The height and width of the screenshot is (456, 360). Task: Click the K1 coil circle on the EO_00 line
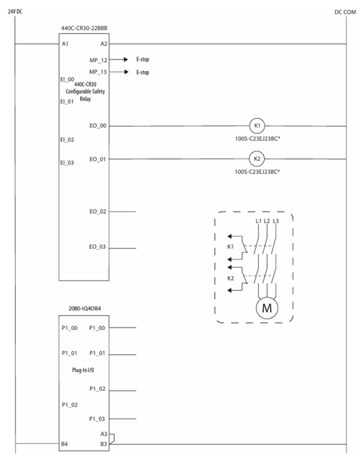coord(257,126)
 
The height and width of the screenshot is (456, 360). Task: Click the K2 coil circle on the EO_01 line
coord(257,159)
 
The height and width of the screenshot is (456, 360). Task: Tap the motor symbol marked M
coord(267,307)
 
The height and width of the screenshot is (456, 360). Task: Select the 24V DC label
coord(15,12)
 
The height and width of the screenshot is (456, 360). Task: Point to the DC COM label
coord(345,12)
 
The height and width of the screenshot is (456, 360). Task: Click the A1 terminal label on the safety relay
coord(65,43)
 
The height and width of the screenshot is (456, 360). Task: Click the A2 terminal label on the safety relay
coord(103,43)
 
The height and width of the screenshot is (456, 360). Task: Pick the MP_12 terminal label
coord(98,60)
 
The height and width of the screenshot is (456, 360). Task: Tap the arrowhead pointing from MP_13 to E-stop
coord(126,72)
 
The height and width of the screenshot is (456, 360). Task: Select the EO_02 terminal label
coord(97,211)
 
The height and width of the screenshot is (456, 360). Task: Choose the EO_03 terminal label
coord(97,247)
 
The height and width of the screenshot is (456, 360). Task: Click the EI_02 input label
coord(67,139)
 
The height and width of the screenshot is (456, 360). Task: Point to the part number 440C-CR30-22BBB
coord(84,28)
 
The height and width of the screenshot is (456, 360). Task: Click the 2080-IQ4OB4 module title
coord(85,308)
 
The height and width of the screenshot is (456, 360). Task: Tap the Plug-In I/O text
coord(83,370)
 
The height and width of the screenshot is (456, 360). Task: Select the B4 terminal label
coord(64,444)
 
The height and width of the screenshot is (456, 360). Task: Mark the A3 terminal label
coord(103,434)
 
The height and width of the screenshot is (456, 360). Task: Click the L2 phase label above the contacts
coord(267,221)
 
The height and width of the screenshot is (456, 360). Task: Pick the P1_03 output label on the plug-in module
coord(97,418)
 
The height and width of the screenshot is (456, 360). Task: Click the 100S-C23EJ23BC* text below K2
coord(257,172)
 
